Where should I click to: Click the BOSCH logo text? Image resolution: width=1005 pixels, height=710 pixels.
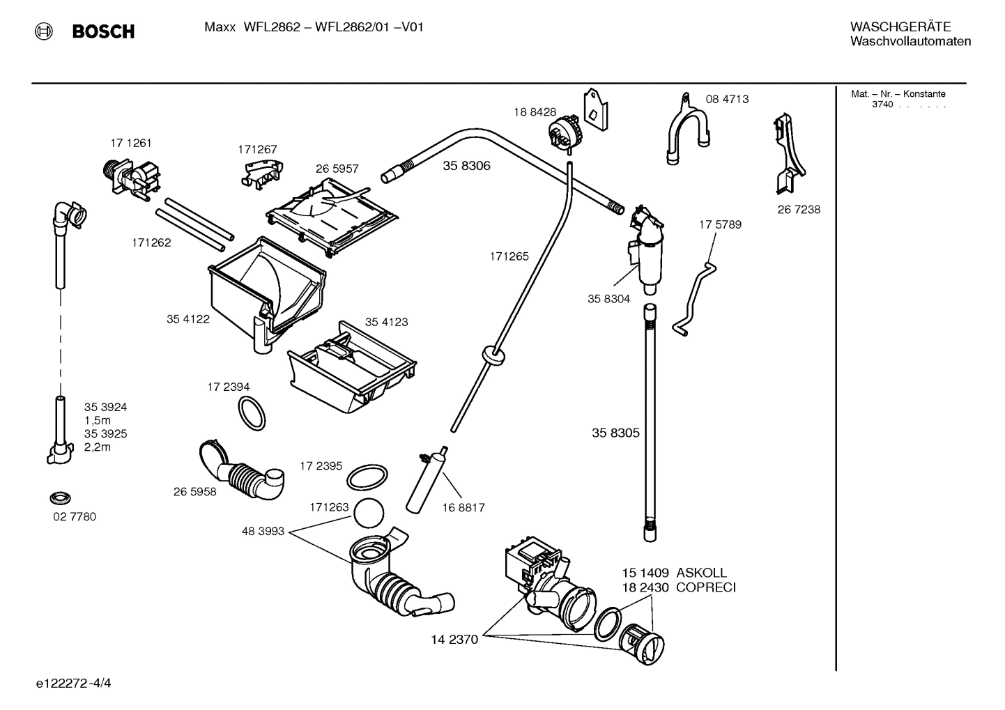[x=103, y=31]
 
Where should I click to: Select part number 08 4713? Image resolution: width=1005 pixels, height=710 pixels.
[x=727, y=100]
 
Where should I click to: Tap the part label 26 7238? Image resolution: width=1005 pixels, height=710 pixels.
[x=799, y=210]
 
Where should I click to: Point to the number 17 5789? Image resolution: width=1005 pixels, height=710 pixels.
[x=720, y=224]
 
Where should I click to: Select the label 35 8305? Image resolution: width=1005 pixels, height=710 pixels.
[x=615, y=433]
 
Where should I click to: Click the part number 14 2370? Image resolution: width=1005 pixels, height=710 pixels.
[x=454, y=640]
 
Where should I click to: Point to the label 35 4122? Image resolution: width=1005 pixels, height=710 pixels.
[x=187, y=319]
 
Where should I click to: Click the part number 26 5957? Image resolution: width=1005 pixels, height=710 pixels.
[x=337, y=169]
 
